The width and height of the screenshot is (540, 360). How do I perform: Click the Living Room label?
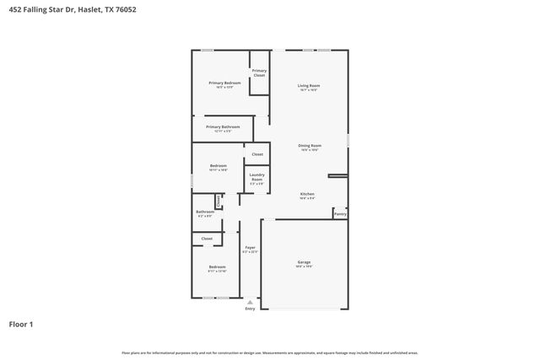coord(308,86)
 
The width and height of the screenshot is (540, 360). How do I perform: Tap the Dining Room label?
coord(309,145)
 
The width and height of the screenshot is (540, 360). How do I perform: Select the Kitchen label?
coord(308,194)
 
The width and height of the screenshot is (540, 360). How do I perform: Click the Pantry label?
coord(340,214)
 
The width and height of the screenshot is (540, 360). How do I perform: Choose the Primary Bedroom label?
coord(224,83)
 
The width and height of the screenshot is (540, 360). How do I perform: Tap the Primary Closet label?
coord(259,73)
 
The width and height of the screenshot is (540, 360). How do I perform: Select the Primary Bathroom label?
coord(223,126)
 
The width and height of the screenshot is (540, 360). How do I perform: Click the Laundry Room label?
coord(256,177)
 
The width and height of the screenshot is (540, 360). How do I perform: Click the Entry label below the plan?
coord(250,309)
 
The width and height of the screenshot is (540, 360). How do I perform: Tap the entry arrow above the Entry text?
coord(250,301)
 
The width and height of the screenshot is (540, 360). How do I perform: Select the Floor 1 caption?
coord(21,324)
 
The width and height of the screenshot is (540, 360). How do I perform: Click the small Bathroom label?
coord(205,212)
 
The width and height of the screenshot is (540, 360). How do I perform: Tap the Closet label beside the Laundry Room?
coord(257,154)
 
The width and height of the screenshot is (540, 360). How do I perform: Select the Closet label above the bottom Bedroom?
coord(207,239)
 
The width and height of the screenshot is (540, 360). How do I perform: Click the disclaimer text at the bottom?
coord(269,352)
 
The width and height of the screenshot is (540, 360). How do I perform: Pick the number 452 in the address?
coord(14,10)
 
